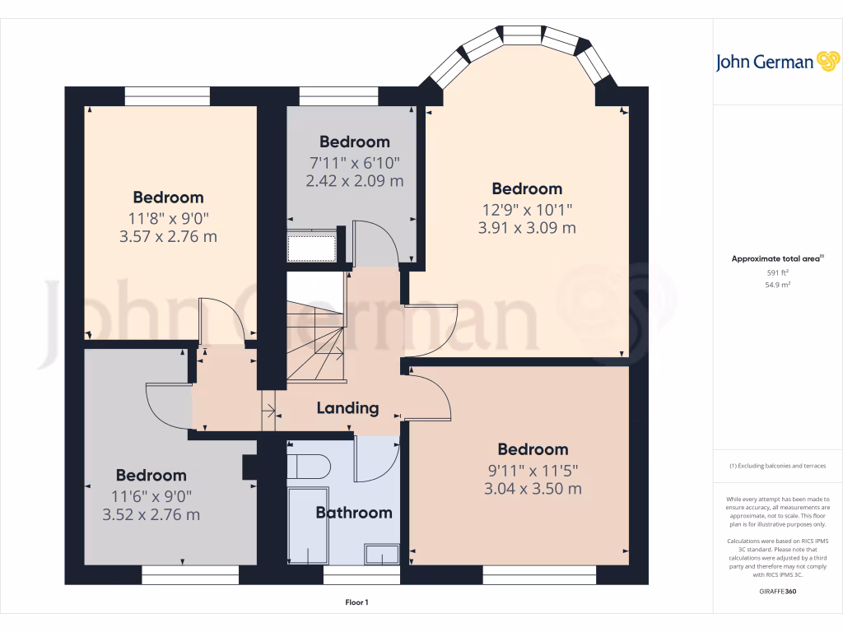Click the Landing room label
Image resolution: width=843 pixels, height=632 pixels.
347,407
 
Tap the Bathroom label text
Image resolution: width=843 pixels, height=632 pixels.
354,513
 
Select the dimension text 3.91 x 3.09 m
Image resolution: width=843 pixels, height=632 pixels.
527,228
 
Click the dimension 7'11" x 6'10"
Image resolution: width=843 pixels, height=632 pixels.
354,162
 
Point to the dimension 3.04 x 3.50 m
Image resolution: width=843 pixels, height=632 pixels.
533,488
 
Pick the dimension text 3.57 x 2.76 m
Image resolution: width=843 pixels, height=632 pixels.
168,237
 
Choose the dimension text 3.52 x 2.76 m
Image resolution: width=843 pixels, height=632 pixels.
151,515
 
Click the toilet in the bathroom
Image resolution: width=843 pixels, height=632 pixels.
310,467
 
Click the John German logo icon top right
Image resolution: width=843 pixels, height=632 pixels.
827,62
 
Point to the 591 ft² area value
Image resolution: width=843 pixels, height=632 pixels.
778,272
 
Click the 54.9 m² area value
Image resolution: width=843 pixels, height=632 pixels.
778,285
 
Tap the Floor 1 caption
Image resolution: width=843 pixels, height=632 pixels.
356,602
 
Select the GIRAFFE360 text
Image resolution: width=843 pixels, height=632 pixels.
778,591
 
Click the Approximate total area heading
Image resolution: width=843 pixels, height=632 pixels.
776,258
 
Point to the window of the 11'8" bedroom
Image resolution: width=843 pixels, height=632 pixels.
167,96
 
